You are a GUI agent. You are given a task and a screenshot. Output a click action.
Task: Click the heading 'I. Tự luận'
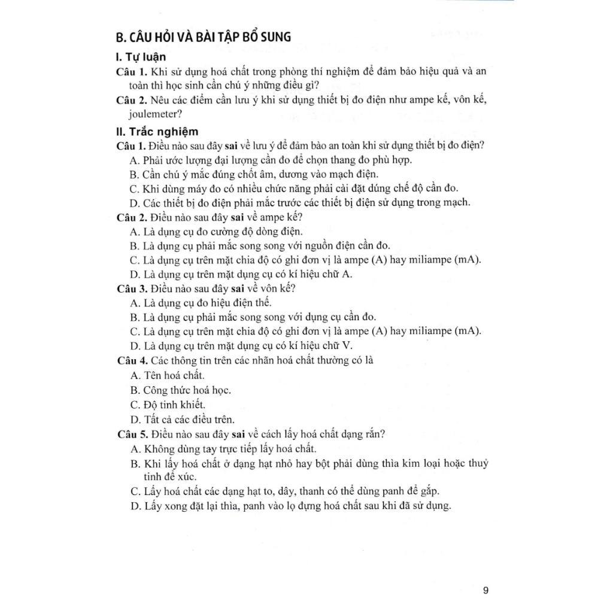141,58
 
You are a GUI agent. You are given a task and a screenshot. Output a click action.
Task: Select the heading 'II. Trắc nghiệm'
157,132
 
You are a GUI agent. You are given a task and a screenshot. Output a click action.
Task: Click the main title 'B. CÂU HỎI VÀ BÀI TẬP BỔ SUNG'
204,37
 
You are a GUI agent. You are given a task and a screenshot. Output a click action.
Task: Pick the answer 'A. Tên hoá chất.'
167,375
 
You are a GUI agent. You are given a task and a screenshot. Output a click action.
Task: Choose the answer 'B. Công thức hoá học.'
180,390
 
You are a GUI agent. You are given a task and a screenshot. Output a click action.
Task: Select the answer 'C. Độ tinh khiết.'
168,405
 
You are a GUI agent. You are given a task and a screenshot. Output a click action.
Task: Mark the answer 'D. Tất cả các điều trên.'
182,419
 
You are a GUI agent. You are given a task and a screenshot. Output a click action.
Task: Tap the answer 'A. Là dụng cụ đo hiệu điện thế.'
201,303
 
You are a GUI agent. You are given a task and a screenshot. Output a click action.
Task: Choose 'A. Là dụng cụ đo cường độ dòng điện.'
216,231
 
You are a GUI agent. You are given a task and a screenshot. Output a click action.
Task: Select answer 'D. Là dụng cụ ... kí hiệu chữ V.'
241,345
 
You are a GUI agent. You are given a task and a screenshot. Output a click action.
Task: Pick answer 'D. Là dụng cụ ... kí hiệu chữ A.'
241,274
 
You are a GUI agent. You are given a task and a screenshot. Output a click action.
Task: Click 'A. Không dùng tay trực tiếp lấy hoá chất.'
223,448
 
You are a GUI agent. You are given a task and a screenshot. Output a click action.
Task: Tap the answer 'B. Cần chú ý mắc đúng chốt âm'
254,175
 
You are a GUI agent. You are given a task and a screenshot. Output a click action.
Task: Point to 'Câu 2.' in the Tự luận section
131,99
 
